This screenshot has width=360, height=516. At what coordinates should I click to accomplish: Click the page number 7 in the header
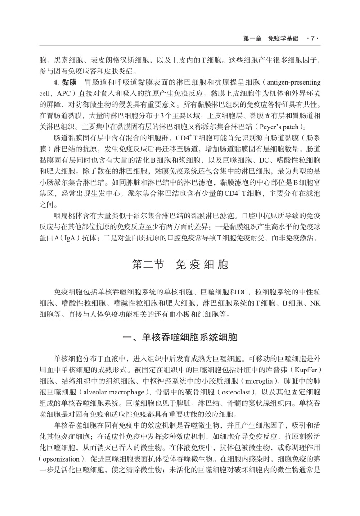point(313,39)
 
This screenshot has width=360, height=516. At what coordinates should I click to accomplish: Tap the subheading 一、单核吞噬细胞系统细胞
point(180,337)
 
